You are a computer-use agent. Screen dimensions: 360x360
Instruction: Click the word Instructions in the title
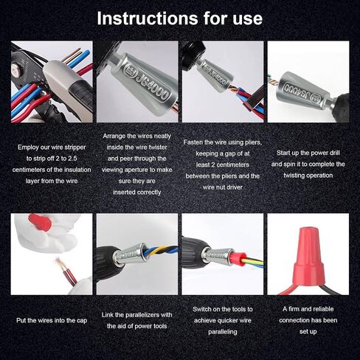(148, 18)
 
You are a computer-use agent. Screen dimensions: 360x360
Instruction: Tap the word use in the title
(247, 19)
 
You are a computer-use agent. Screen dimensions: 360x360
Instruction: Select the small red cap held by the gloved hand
(40, 221)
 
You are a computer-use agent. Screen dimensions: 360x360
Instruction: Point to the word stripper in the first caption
(75, 148)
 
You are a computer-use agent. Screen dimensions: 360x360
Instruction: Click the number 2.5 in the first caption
(72, 159)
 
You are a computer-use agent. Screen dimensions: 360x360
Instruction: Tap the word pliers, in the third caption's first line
(254, 142)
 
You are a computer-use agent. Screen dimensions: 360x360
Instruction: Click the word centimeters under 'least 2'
(232, 165)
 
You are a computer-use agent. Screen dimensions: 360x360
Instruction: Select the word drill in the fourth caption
(335, 153)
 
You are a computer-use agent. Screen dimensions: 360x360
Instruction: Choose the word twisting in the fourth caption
(294, 176)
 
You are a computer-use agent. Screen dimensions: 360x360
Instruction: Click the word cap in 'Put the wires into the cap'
(82, 321)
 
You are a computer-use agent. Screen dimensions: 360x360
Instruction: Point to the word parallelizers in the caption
(142, 315)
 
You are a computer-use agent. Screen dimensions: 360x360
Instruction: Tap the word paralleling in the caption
(223, 332)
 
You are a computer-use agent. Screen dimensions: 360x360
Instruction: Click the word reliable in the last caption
(322, 309)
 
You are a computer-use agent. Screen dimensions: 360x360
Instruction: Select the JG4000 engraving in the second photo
(148, 83)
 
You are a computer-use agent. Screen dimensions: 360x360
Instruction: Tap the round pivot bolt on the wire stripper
(15, 69)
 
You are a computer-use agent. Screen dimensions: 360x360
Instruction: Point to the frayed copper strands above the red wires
(60, 264)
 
